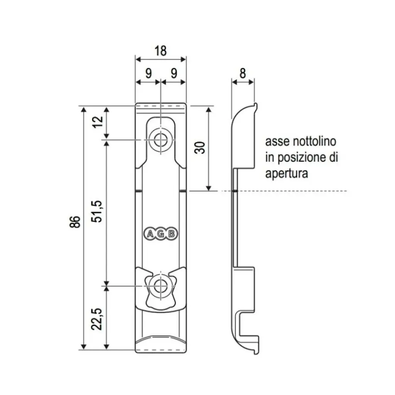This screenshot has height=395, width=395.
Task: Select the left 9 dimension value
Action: [149, 73]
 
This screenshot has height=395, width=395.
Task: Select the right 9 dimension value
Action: [174, 73]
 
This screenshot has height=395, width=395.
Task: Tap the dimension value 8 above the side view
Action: [243, 73]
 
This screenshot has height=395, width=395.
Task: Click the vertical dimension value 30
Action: [200, 148]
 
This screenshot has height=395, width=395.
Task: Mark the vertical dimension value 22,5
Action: [98, 318]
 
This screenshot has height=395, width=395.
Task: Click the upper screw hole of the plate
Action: [160, 139]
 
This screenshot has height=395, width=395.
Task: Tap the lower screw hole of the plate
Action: [160, 286]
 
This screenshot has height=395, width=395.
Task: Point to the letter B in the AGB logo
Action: [172, 233]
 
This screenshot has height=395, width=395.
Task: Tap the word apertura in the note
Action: [287, 174]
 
